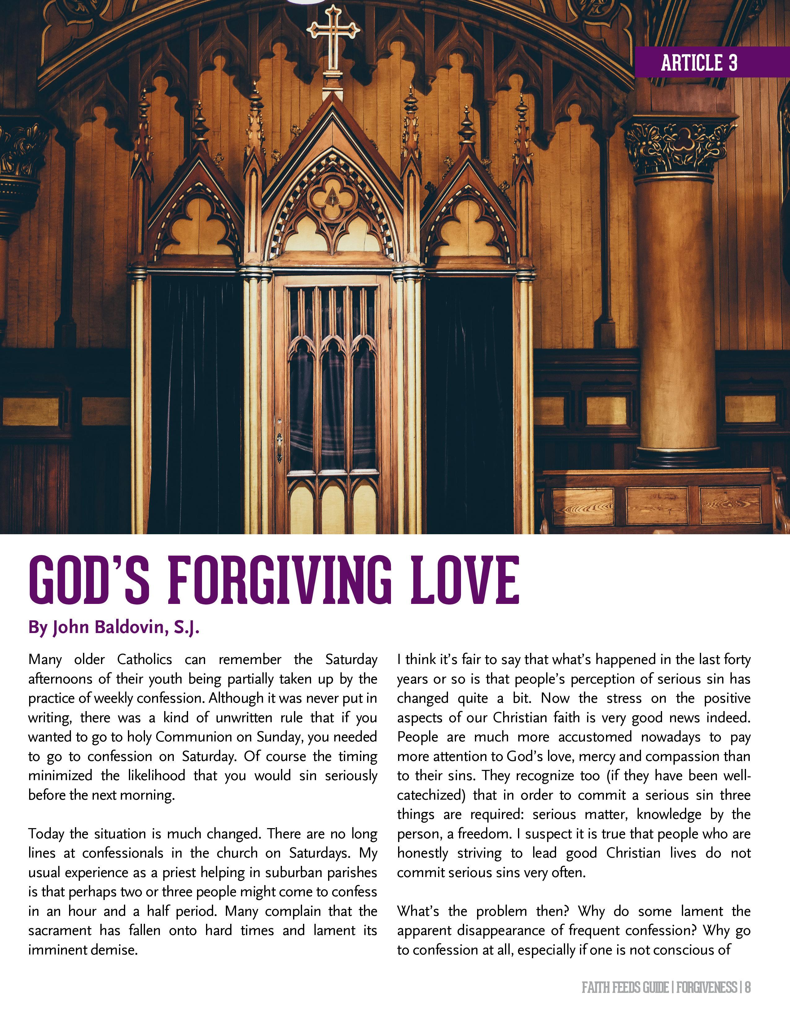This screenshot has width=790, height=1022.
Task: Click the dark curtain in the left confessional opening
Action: point(196,398)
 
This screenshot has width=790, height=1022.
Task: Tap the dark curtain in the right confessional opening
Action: point(469,398)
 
